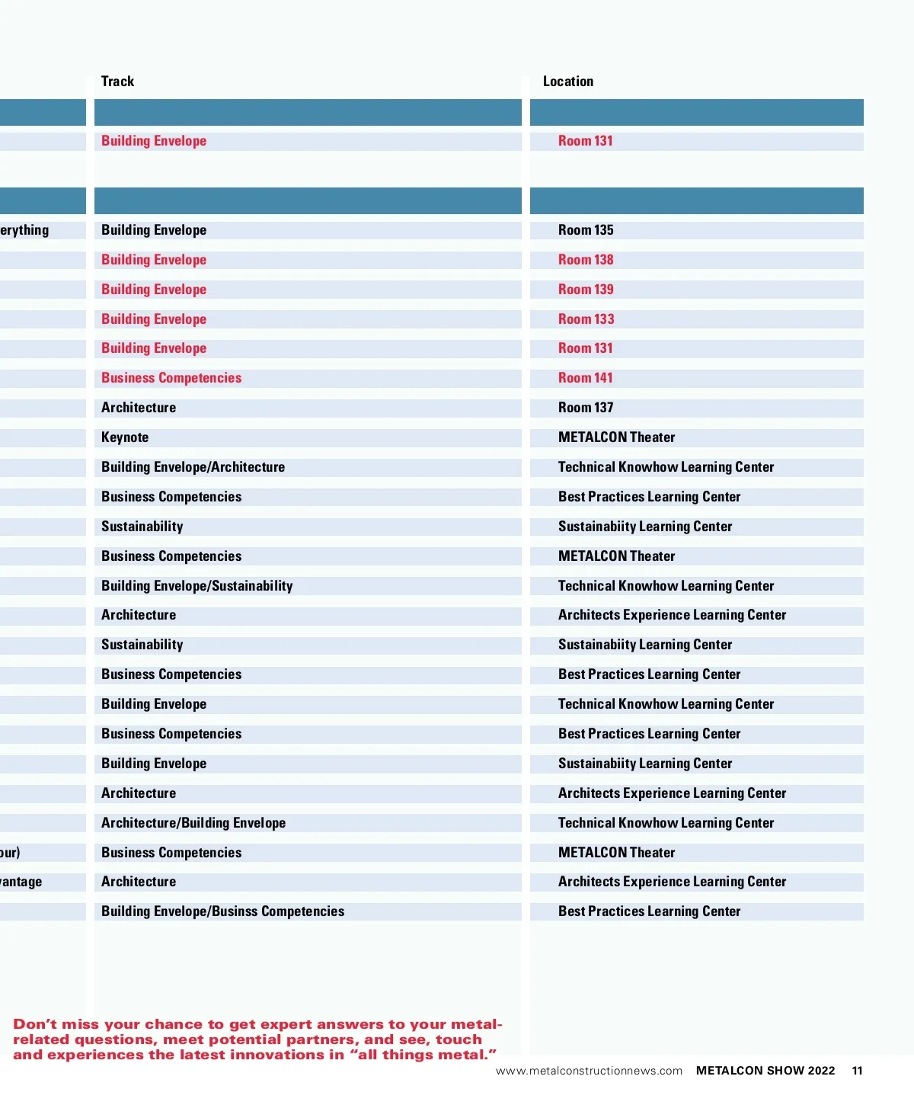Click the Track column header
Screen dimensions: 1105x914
tap(117, 82)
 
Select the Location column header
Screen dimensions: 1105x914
tap(568, 82)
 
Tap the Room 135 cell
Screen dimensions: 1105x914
tap(586, 230)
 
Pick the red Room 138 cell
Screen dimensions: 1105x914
tap(586, 260)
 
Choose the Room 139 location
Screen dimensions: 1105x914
tap(586, 290)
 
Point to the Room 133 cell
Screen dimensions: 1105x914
tap(586, 319)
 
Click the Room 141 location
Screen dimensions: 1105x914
tap(586, 378)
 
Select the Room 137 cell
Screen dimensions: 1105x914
tap(586, 408)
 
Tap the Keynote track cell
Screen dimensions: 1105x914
tap(125, 437)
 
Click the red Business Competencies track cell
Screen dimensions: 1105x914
tap(171, 378)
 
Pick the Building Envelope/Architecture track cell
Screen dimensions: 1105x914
tap(193, 467)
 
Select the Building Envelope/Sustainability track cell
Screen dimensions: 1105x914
tap(197, 586)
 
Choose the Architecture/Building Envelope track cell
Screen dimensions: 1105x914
tap(193, 823)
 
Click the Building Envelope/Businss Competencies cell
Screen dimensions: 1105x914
tap(222, 911)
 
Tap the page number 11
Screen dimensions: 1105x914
tap(857, 1071)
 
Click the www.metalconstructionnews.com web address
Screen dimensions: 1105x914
tap(589, 1071)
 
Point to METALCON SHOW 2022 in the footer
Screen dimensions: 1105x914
tap(765, 1071)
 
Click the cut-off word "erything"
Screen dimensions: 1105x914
tap(24, 230)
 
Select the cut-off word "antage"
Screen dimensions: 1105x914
tap(21, 882)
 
